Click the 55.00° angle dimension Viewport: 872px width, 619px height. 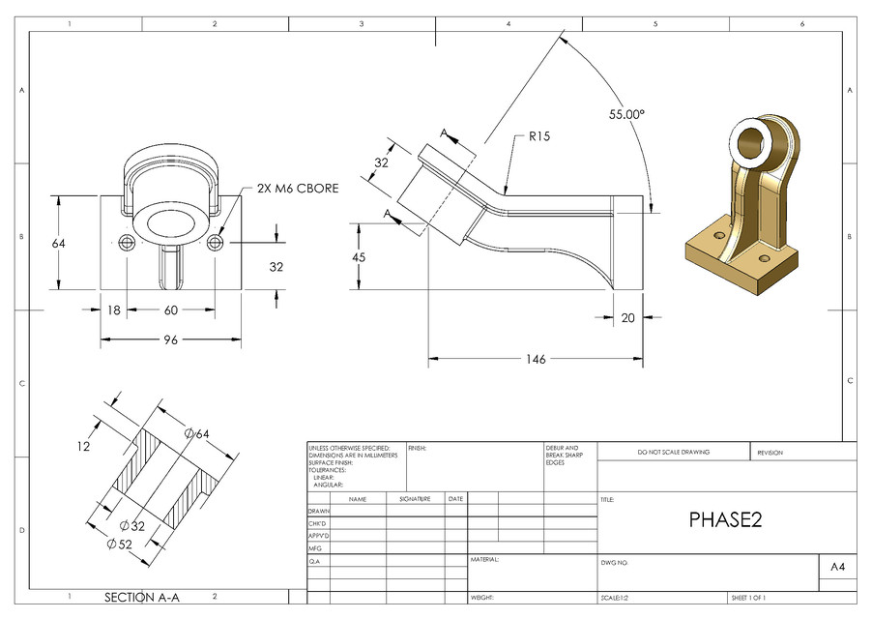[x=626, y=114]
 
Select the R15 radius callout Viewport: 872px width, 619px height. [x=539, y=137]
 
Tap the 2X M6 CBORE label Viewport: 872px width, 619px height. [x=298, y=189]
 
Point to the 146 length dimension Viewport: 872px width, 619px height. [x=536, y=359]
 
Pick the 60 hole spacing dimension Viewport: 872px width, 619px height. [x=171, y=310]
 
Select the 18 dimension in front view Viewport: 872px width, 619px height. [x=115, y=310]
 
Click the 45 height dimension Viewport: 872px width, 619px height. [x=359, y=257]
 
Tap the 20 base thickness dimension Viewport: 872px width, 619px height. [x=628, y=317]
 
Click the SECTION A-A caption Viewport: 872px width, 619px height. [x=141, y=597]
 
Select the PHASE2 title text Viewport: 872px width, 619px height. [x=726, y=520]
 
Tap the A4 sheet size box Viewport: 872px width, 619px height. [x=837, y=568]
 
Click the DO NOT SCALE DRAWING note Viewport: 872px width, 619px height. [x=673, y=453]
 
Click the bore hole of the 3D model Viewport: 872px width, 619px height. [x=753, y=143]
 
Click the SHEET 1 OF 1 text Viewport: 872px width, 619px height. [x=755, y=598]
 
